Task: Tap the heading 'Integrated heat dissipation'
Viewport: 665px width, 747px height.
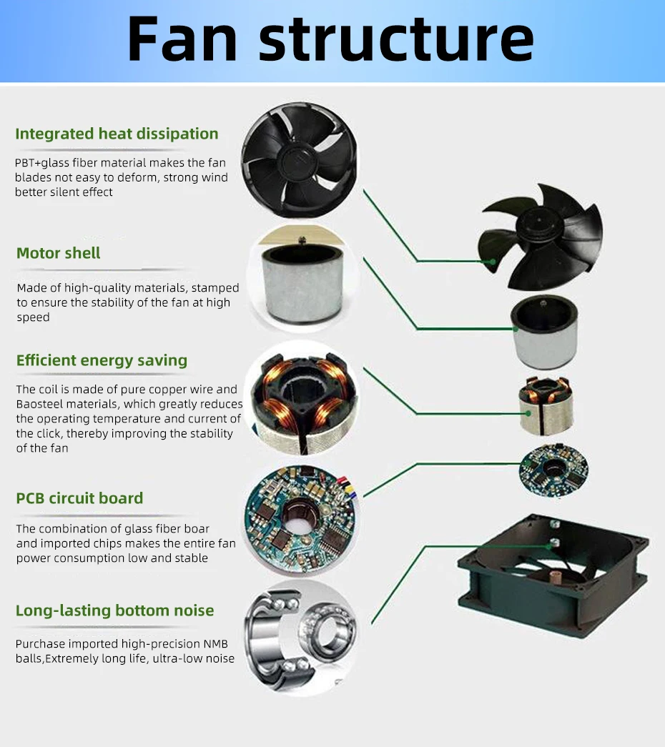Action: pos(117,134)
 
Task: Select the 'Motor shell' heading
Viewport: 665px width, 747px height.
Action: pos(59,253)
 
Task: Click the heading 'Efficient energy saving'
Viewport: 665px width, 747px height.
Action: pos(102,360)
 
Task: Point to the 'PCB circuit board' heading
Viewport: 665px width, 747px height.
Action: pos(79,498)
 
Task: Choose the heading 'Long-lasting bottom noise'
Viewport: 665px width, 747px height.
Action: pos(114,610)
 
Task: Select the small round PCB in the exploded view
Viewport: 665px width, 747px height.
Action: pos(553,471)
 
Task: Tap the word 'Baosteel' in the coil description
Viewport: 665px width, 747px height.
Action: pos(42,405)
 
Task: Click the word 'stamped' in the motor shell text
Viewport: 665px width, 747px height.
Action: pos(215,288)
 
